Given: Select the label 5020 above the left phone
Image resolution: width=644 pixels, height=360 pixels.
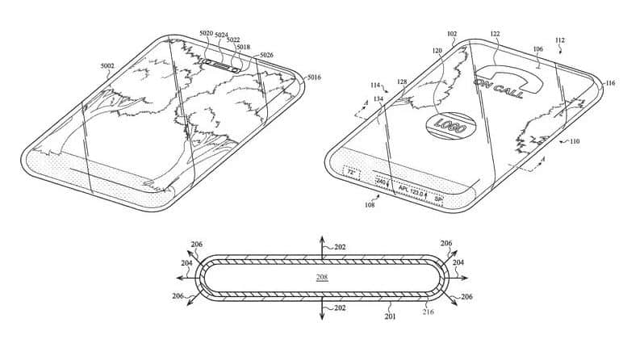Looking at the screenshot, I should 206,33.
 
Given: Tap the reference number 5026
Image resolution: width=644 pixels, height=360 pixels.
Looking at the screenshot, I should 266,55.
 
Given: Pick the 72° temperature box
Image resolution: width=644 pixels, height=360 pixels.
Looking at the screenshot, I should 351,172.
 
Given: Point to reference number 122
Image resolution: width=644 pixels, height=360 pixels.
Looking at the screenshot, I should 496,33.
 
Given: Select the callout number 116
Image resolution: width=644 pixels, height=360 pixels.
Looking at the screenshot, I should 610,83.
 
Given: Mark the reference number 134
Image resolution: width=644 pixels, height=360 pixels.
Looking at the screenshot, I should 378,99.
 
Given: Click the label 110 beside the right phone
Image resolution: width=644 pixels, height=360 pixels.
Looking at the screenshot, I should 574,141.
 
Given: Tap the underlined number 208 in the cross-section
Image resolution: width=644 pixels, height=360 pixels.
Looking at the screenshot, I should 322,277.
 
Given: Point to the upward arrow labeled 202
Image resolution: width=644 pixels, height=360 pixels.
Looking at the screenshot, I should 322,242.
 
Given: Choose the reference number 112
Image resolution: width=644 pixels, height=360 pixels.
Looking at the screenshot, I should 560,40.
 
